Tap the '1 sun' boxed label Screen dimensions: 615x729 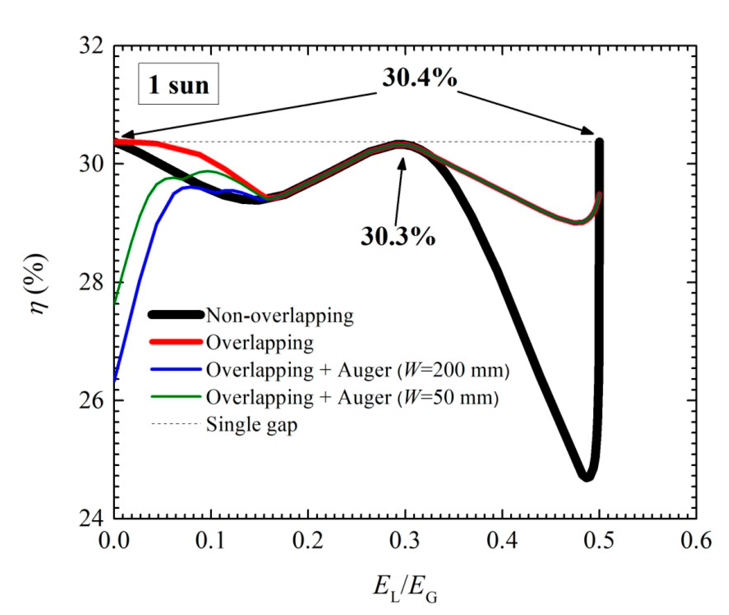[178, 84]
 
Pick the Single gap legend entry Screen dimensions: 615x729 [252, 425]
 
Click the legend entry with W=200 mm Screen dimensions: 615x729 [358, 370]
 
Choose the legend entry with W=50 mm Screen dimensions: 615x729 [352, 397]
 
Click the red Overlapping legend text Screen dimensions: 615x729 [259, 343]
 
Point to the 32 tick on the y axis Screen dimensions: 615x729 [91, 46]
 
